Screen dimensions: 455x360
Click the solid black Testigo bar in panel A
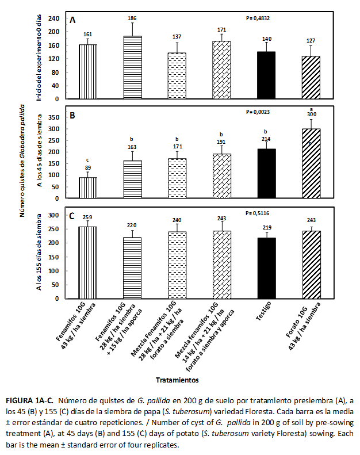[266, 75]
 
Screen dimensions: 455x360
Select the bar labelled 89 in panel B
[87, 188]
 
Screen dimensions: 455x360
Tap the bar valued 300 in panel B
[311, 163]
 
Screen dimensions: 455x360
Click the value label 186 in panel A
[132, 18]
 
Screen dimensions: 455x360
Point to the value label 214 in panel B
[266, 139]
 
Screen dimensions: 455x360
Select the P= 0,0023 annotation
[258, 112]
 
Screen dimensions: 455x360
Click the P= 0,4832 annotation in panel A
[258, 18]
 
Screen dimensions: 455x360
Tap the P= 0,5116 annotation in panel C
[258, 213]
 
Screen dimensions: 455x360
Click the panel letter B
[73, 115]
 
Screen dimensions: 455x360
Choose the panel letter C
[72, 217]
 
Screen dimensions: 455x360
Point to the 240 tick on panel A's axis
[55, 18]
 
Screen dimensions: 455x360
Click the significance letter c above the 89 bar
[87, 160]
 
